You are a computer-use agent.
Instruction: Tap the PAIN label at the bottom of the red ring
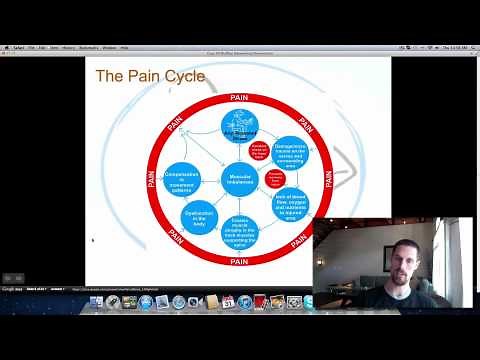239,261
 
